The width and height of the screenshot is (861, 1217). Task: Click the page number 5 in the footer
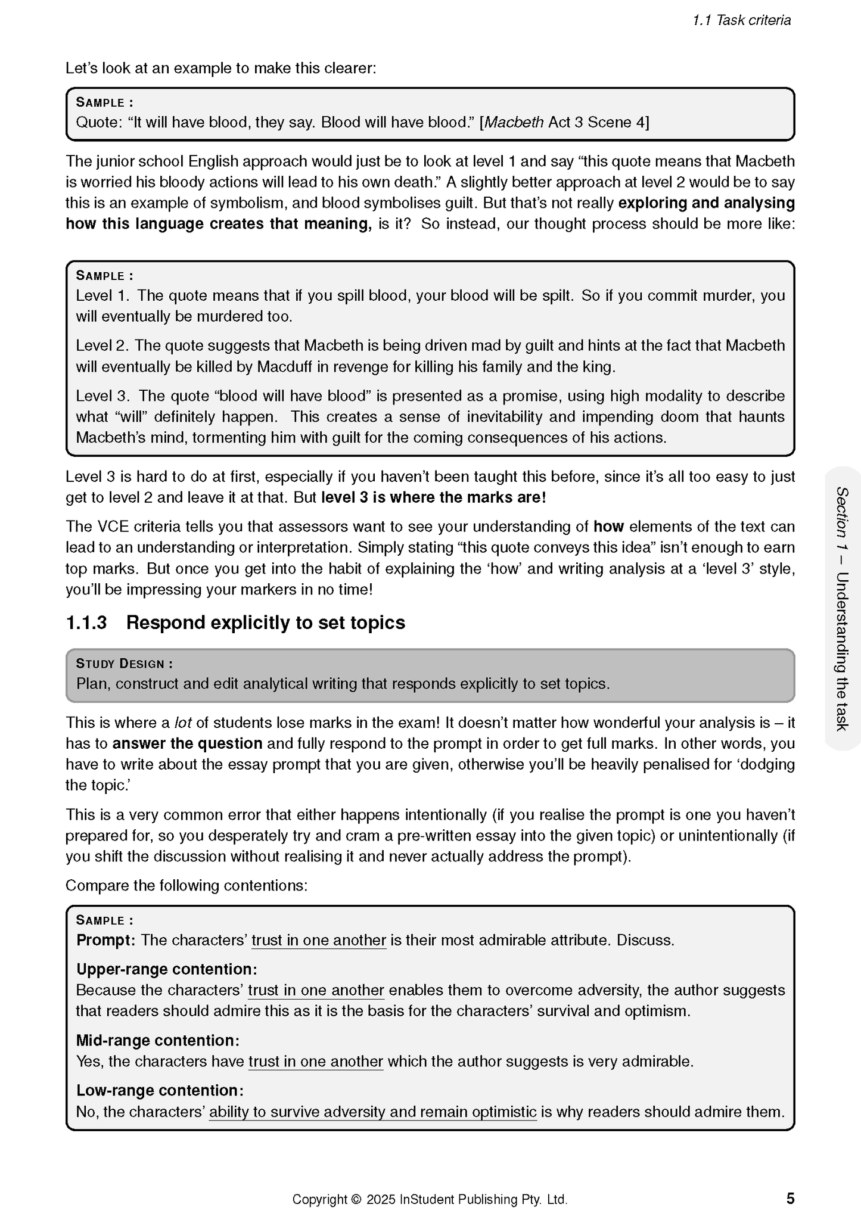point(790,1198)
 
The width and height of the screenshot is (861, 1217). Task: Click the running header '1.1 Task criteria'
point(741,20)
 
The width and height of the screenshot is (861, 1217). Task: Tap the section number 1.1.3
point(86,622)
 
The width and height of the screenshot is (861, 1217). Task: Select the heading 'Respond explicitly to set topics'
point(266,622)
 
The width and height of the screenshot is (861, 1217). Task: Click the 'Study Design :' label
point(125,664)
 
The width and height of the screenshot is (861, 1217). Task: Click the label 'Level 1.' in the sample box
point(102,295)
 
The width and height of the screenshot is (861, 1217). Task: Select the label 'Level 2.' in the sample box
point(102,346)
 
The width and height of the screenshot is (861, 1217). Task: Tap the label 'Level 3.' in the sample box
point(102,396)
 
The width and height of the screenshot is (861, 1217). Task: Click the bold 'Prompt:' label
point(105,940)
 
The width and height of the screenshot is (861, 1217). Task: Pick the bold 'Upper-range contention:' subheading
point(167,969)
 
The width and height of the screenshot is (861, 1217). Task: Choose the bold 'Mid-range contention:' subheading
point(158,1040)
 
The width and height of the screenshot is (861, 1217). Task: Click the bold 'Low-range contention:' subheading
point(160,1090)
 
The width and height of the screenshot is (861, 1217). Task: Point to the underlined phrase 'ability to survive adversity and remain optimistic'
point(372,1112)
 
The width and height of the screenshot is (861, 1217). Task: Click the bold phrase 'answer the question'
point(188,743)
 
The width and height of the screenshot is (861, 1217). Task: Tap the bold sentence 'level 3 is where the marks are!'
point(433,497)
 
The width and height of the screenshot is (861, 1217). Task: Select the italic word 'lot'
point(183,723)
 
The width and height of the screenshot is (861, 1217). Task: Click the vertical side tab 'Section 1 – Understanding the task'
point(842,608)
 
